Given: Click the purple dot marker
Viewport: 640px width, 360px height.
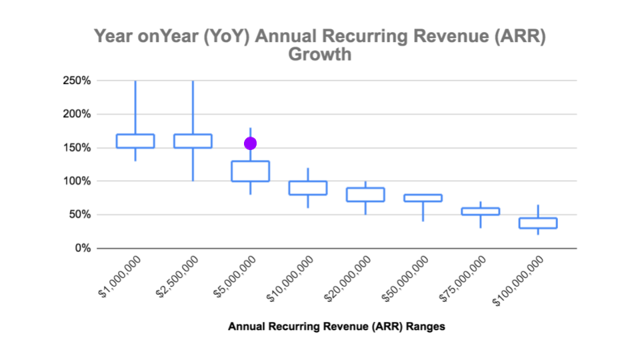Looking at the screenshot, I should pyautogui.click(x=251, y=143).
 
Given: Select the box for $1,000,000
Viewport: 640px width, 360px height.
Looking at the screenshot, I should pyautogui.click(x=135, y=141).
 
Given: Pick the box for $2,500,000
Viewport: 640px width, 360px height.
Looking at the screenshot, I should pyautogui.click(x=193, y=141).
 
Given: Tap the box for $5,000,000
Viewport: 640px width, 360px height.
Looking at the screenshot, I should pyautogui.click(x=251, y=171).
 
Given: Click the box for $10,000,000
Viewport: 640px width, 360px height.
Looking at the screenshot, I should pyautogui.click(x=308, y=188).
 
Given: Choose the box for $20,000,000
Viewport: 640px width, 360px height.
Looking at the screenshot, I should pyautogui.click(x=365, y=195).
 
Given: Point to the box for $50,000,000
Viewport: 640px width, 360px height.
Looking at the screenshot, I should pyautogui.click(x=423, y=198).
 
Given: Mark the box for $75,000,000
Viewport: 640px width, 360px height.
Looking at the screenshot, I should pyautogui.click(x=481, y=211).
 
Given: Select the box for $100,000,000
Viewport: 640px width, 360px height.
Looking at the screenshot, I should pyautogui.click(x=538, y=223).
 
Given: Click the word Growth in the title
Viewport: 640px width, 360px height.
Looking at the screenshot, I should pyautogui.click(x=319, y=55).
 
